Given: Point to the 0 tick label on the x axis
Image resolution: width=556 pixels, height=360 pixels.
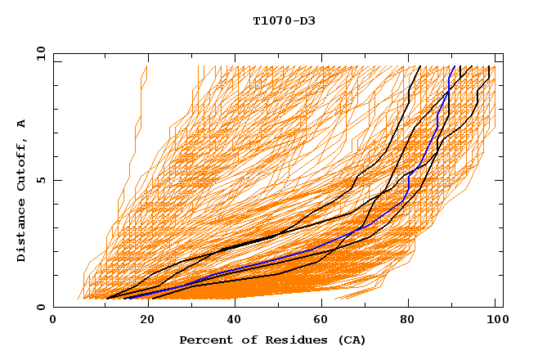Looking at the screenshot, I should pos(54,321).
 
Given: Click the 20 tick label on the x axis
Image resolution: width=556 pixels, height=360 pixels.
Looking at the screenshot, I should pos(142,321).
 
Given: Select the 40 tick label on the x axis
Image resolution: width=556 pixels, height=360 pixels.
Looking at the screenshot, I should pos(231,321).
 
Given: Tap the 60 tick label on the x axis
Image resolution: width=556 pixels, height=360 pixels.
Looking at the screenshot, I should pos(320,321).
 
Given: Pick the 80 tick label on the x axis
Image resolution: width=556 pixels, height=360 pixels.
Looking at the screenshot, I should pos(408,321).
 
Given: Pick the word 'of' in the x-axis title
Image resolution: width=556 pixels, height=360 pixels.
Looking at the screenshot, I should pos(244,340).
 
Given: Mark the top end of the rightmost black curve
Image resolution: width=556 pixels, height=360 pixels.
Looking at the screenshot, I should pos(489,67).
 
